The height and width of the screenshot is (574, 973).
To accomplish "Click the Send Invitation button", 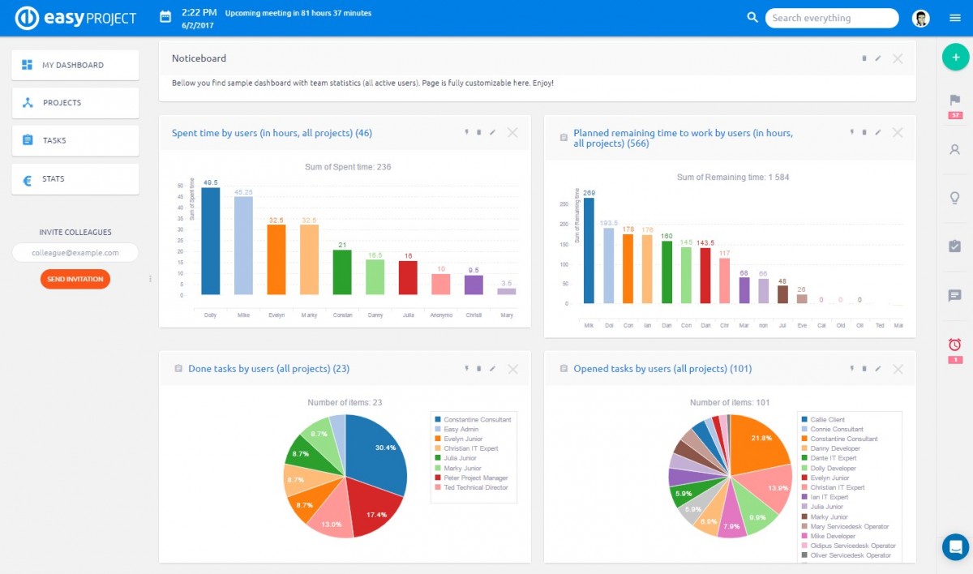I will click(x=75, y=279).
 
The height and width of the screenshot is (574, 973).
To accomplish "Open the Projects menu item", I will click(x=75, y=103).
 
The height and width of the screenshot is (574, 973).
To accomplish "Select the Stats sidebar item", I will click(x=75, y=178).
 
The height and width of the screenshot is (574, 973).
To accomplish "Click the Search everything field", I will click(x=831, y=18).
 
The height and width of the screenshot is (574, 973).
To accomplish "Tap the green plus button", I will click(x=955, y=57).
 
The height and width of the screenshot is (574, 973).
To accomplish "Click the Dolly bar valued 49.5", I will click(x=211, y=242).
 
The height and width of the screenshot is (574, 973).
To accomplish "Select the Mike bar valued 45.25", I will click(x=243, y=246).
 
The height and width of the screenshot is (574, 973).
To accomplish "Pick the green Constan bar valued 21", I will click(x=342, y=272).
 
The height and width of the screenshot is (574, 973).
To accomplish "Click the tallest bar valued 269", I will click(x=589, y=251).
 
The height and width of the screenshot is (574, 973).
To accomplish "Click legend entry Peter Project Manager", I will click(x=475, y=478).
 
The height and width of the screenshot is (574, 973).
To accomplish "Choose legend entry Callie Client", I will click(x=827, y=420).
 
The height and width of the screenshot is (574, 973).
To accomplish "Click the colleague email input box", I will click(x=75, y=253).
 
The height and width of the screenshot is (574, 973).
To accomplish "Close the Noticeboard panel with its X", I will click(x=898, y=58).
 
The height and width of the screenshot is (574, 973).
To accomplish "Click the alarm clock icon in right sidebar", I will click(x=954, y=345).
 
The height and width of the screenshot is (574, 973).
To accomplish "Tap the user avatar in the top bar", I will click(x=920, y=18).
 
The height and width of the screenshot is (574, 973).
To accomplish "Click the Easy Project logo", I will click(x=77, y=18).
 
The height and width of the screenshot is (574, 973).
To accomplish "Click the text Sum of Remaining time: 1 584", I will click(x=732, y=177).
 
